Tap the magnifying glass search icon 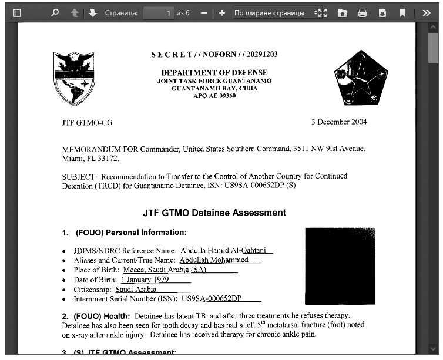(x=55, y=12)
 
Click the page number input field (x=159, y=12)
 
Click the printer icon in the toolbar (x=363, y=12)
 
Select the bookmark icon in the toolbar (x=402, y=12)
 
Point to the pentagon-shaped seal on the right (x=361, y=77)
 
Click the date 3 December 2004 (x=339, y=122)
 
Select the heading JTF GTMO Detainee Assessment (x=214, y=213)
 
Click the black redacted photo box (x=340, y=265)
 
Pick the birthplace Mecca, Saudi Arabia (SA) (x=160, y=270)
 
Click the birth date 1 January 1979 (x=145, y=280)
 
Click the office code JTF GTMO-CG (x=87, y=123)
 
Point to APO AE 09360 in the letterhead (x=214, y=96)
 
